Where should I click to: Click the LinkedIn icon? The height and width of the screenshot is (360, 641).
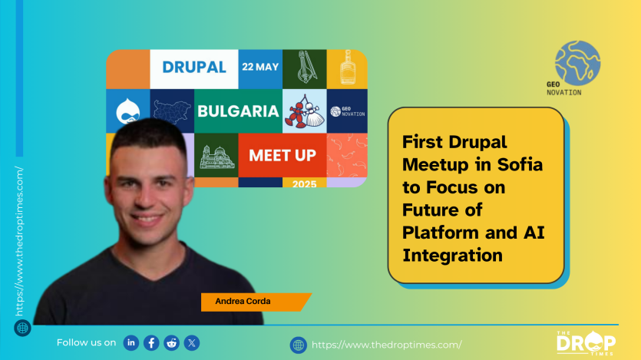coord(131,343)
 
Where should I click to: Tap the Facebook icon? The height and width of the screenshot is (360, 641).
coord(151,343)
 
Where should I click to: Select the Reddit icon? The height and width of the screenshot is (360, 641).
coord(171,343)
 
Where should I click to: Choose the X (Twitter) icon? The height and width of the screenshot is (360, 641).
coord(192,343)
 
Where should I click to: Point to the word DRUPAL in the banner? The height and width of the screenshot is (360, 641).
coord(194,67)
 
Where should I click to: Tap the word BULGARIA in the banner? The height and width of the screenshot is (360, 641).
coord(238,111)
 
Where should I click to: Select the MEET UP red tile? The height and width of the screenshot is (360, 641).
coord(283,155)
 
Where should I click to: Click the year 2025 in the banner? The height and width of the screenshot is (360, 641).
coord(305,184)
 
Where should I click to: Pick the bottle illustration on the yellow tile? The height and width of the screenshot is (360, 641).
coord(347,68)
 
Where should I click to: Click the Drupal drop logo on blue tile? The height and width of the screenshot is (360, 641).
coord(128,111)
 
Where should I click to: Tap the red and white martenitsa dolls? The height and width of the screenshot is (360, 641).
coord(305,111)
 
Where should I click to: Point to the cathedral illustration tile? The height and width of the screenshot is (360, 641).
coord(216,155)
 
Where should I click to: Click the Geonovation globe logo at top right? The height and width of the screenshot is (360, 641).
coord(577,63)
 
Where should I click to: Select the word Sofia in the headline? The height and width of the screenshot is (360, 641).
coord(520,165)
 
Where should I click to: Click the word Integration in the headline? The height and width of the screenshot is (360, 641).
coord(453,256)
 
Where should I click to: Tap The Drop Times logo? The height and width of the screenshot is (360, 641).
coord(586,343)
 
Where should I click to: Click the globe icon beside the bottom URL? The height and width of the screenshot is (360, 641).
coord(299,345)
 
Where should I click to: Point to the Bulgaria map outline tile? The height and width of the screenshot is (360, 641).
coord(172,111)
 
